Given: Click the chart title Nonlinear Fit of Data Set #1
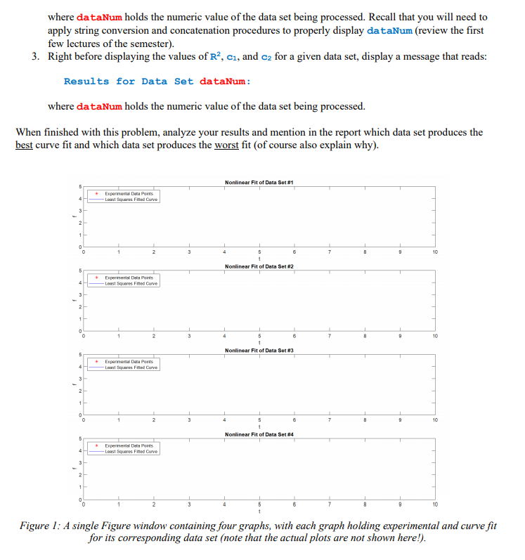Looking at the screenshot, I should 258,182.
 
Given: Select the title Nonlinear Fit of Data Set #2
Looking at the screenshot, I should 258,266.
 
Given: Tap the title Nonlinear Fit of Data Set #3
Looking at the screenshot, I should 258,350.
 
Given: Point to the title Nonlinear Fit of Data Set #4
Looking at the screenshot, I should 258,434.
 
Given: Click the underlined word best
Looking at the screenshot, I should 25,145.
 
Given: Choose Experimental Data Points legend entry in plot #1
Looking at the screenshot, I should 132,193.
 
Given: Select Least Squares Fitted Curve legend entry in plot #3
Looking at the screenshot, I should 132,367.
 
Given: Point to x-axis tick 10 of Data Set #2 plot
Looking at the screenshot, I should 435,336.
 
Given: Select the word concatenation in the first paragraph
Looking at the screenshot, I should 207,30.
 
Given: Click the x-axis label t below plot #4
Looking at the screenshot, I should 259,512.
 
